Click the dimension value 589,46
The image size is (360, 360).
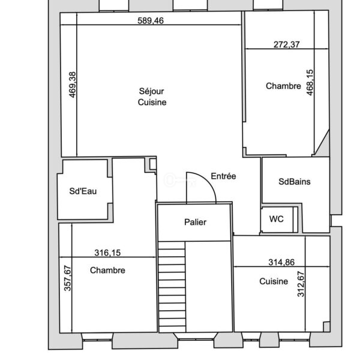point(151,20)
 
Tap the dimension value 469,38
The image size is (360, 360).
point(73,85)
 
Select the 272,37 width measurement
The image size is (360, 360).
point(287,44)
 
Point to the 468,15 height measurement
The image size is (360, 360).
point(310,82)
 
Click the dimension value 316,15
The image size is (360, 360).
point(107,253)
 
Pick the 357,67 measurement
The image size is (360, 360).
point(67,278)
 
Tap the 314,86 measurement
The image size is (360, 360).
point(281,262)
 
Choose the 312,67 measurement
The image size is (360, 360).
point(301,284)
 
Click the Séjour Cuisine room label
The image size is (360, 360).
point(152,97)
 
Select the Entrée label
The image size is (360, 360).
point(223,176)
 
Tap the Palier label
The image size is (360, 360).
point(196,222)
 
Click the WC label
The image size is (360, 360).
point(277,219)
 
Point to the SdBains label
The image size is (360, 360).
point(295,182)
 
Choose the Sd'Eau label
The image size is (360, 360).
point(83,191)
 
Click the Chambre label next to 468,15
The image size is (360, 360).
point(283,86)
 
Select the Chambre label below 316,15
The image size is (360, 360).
point(107,270)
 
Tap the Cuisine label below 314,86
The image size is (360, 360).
point(274,281)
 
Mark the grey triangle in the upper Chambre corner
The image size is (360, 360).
point(324,146)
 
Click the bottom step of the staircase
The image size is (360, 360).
point(172,329)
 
